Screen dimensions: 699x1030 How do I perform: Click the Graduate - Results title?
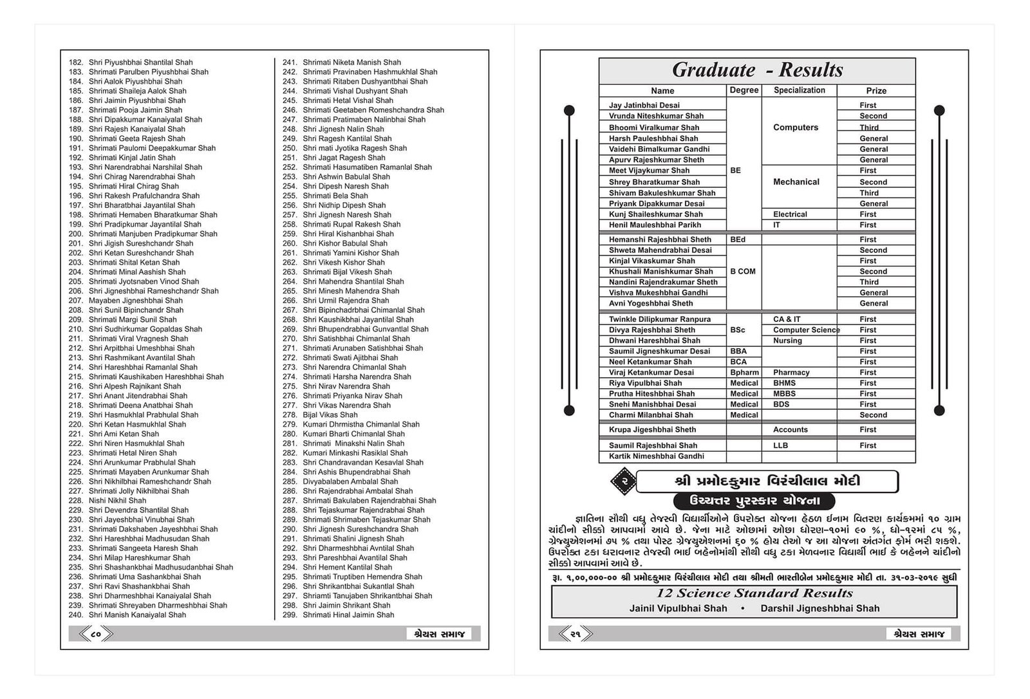pos(757,70)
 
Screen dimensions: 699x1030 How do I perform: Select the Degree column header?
pos(744,90)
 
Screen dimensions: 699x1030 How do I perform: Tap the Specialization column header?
pos(799,90)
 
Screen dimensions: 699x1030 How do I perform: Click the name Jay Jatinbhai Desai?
pos(644,106)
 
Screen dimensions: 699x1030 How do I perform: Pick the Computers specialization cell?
pos(796,127)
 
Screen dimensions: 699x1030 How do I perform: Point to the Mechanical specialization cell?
pos(796,182)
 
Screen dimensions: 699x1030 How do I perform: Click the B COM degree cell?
pos(743,272)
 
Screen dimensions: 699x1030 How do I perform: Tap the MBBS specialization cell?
pos(784,394)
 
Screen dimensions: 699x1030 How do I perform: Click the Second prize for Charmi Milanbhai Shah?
pos(873,415)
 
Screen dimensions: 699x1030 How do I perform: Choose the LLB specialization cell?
pos(780,445)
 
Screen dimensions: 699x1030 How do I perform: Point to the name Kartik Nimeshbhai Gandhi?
pos(656,456)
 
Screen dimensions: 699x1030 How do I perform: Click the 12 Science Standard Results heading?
pos(754,593)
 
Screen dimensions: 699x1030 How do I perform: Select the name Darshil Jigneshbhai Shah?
pos(819,609)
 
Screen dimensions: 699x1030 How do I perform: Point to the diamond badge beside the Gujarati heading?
pos(623,481)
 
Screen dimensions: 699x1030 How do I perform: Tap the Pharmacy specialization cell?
pos(791,373)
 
